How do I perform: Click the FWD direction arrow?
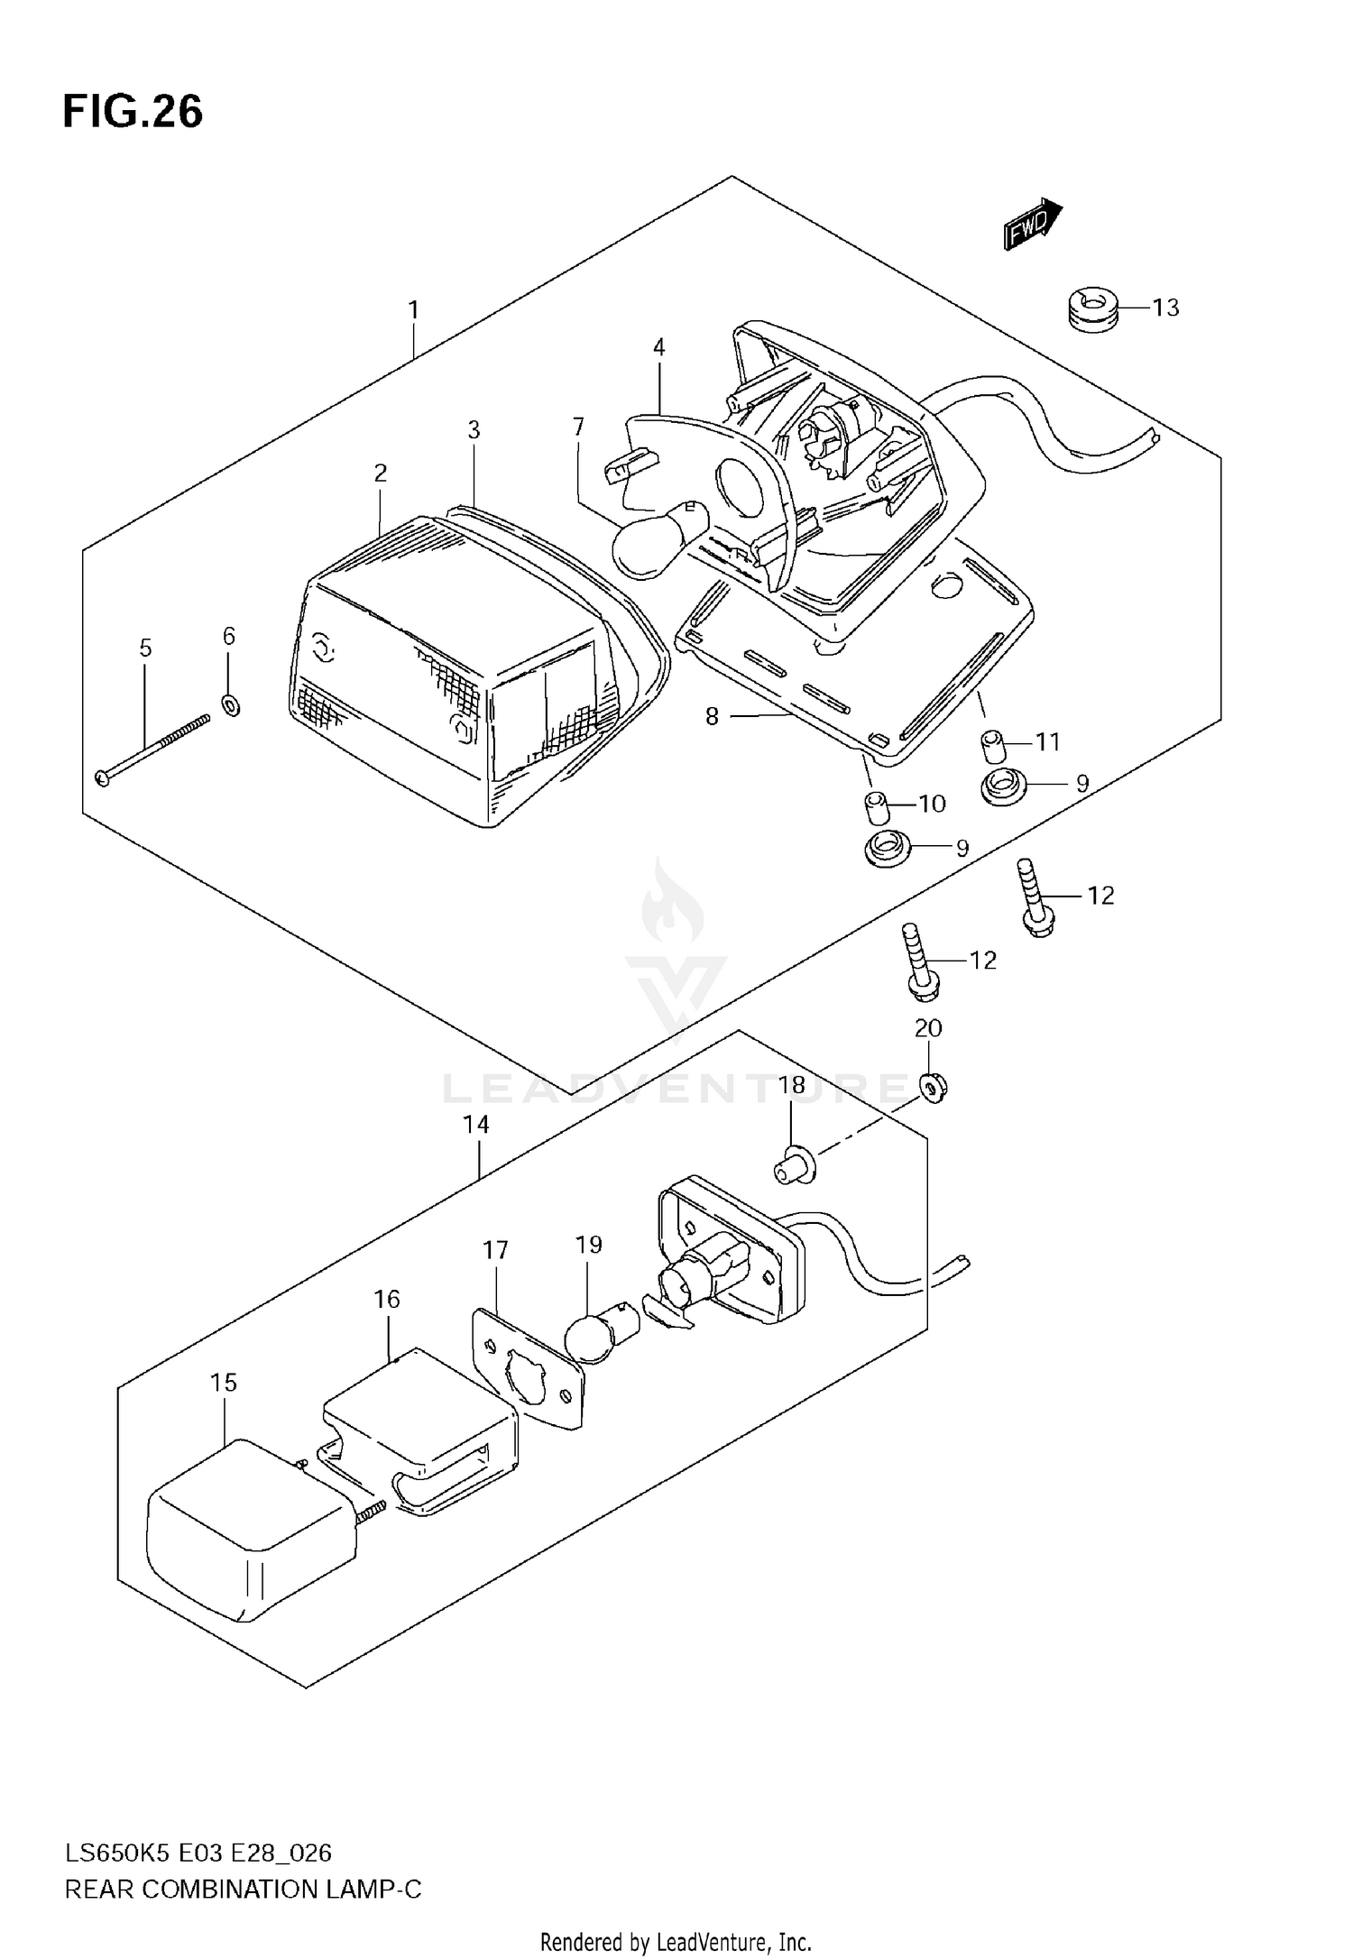(x=1033, y=223)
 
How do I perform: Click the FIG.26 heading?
(x=133, y=113)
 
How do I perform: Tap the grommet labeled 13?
(x=1090, y=308)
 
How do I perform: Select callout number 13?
(x=1165, y=308)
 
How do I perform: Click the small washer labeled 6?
(x=231, y=704)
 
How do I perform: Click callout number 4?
(x=659, y=347)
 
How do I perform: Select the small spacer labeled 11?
(x=993, y=748)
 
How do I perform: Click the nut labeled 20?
(x=933, y=1089)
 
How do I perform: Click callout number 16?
(x=387, y=1299)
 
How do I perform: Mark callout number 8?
(x=712, y=717)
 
